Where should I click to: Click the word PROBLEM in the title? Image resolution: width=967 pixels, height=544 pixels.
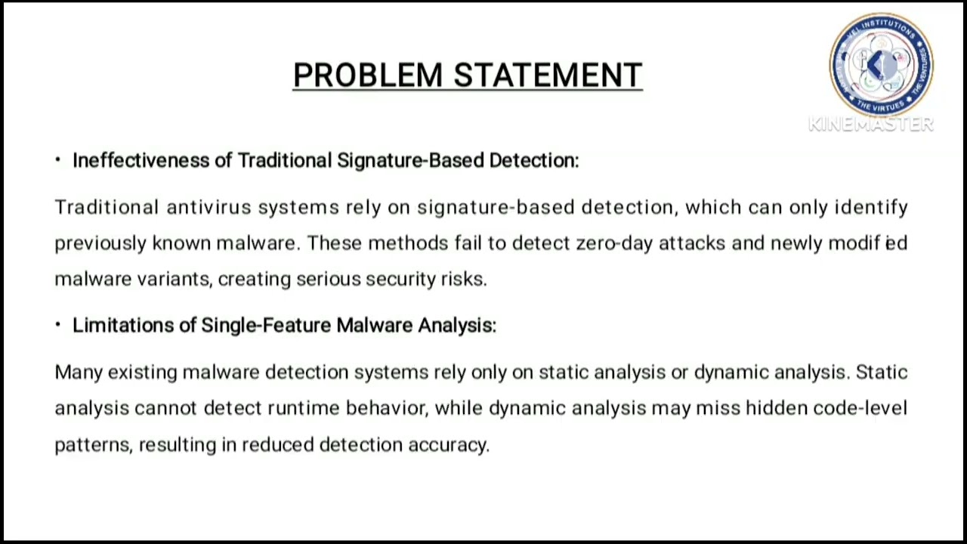tap(368, 76)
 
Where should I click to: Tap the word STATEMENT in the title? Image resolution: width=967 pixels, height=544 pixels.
tap(548, 76)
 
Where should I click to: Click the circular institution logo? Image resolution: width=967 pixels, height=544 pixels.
tap(881, 65)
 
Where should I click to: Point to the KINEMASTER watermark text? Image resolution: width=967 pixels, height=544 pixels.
tap(871, 125)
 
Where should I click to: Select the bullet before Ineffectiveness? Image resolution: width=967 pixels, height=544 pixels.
tap(57, 160)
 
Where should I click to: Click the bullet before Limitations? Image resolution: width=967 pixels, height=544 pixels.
tap(57, 325)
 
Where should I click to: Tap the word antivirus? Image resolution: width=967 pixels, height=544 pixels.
tap(208, 207)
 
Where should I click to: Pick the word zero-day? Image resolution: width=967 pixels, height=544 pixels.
tap(613, 243)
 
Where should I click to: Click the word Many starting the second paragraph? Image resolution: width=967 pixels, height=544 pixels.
tap(78, 372)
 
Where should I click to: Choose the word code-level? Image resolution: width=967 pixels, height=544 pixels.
tap(860, 408)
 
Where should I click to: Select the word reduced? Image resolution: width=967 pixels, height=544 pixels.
tap(277, 444)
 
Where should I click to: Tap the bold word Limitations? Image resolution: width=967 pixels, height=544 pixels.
tap(123, 325)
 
